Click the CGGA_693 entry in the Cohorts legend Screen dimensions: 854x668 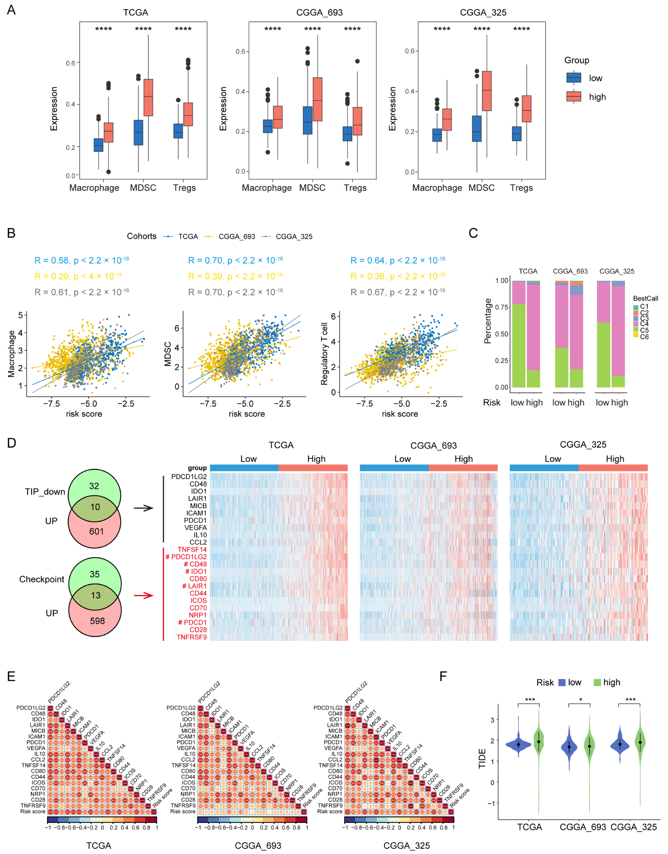[x=236, y=237]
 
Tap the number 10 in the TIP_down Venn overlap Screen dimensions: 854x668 [x=95, y=507]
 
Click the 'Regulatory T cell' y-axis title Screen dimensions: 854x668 [x=324, y=354]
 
